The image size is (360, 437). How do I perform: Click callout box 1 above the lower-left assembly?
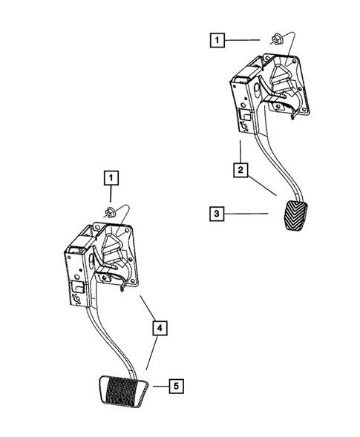click(110, 177)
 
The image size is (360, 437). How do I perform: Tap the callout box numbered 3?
click(217, 214)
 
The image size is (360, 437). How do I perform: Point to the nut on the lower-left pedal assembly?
click(111, 214)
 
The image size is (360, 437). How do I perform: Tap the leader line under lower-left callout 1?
click(110, 197)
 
